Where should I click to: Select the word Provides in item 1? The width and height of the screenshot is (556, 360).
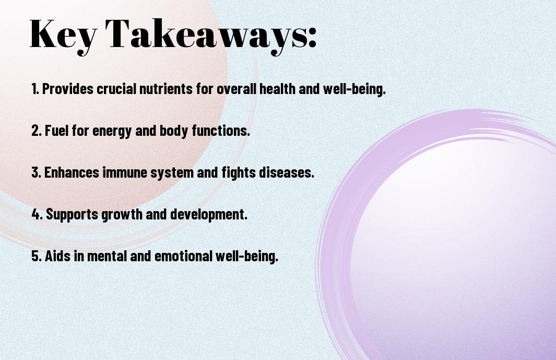(68, 89)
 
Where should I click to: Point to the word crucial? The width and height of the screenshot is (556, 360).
(116, 89)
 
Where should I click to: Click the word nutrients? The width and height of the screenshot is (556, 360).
(166, 89)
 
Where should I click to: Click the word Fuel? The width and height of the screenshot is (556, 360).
(57, 131)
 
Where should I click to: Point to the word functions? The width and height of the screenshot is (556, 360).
(220, 131)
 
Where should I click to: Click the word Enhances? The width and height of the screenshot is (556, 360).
(72, 172)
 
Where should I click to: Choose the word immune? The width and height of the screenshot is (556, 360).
(125, 172)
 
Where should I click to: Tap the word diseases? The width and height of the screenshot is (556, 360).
(286, 172)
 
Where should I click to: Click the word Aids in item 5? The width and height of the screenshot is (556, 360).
(58, 256)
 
